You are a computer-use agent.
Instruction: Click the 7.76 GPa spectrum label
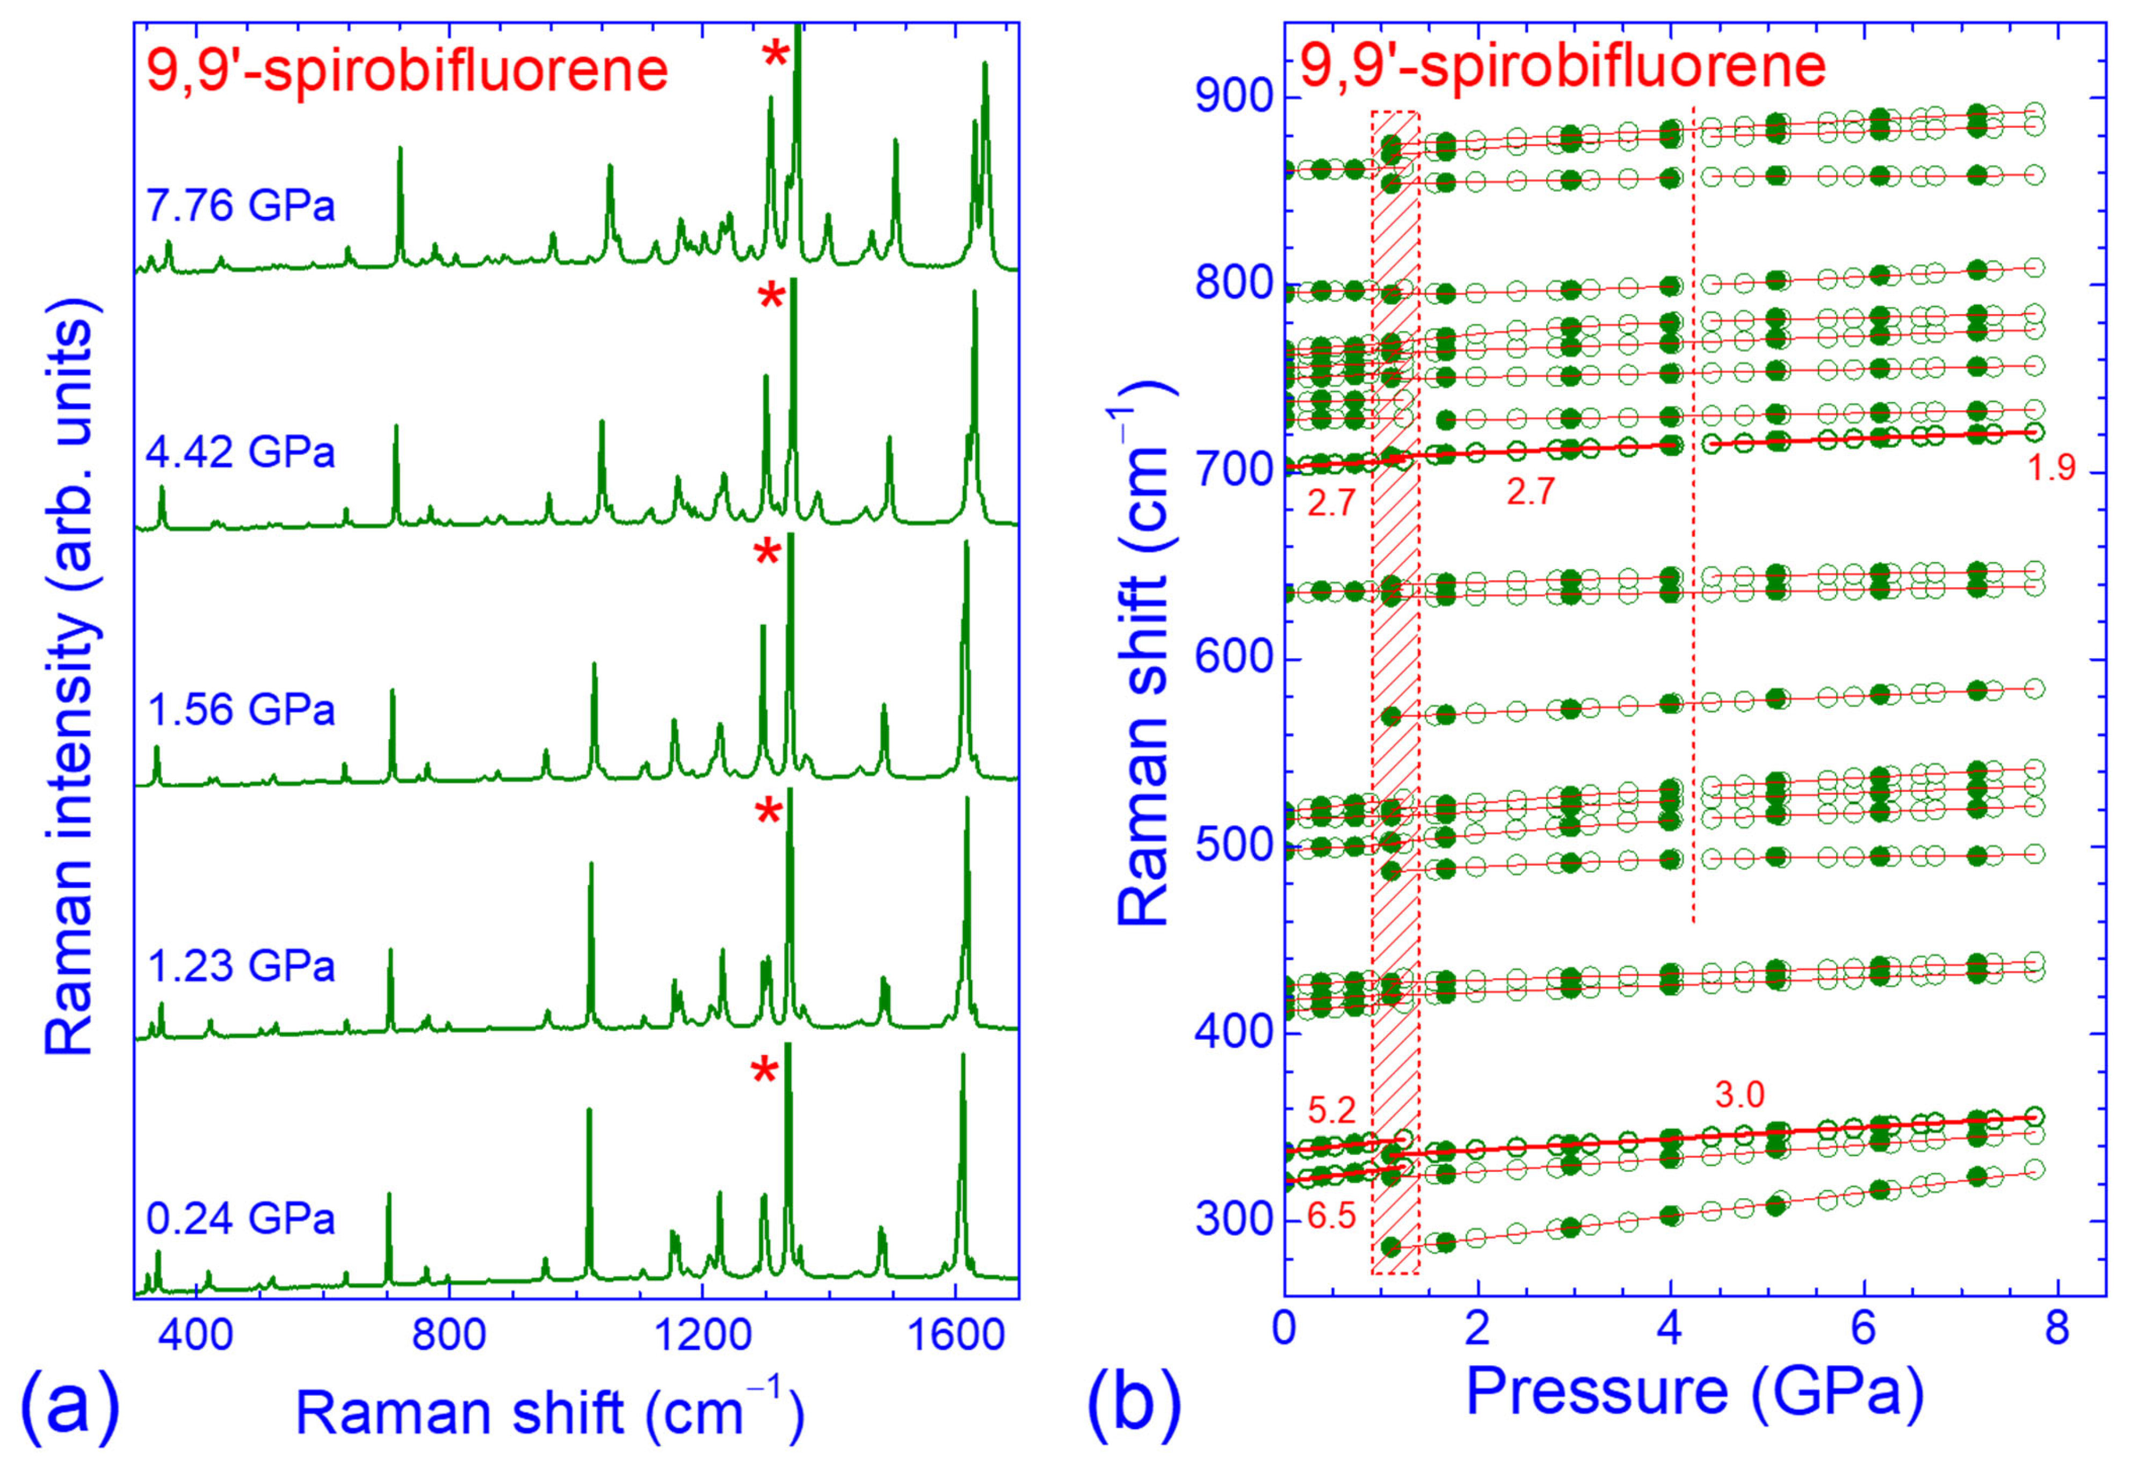click(241, 205)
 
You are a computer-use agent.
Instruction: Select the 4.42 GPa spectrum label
click(241, 453)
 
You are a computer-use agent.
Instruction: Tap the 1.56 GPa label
click(241, 710)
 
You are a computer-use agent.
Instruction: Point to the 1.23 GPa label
click(241, 967)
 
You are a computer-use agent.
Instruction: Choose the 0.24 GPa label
click(241, 1219)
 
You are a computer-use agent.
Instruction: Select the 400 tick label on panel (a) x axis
click(195, 1335)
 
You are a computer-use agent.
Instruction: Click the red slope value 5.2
click(1332, 1110)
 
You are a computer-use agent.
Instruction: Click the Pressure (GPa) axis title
click(1695, 1393)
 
